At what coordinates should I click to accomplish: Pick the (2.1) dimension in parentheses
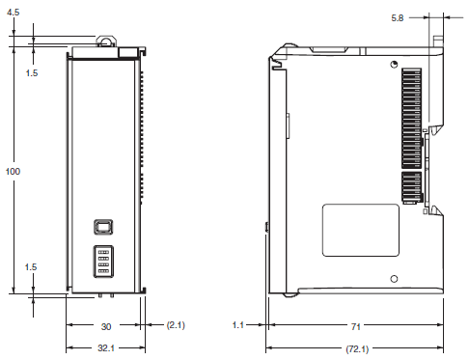tap(177, 326)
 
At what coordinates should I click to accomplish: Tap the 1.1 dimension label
tap(240, 326)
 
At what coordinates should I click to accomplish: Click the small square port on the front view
tap(103, 227)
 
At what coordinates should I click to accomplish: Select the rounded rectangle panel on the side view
tap(360, 229)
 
